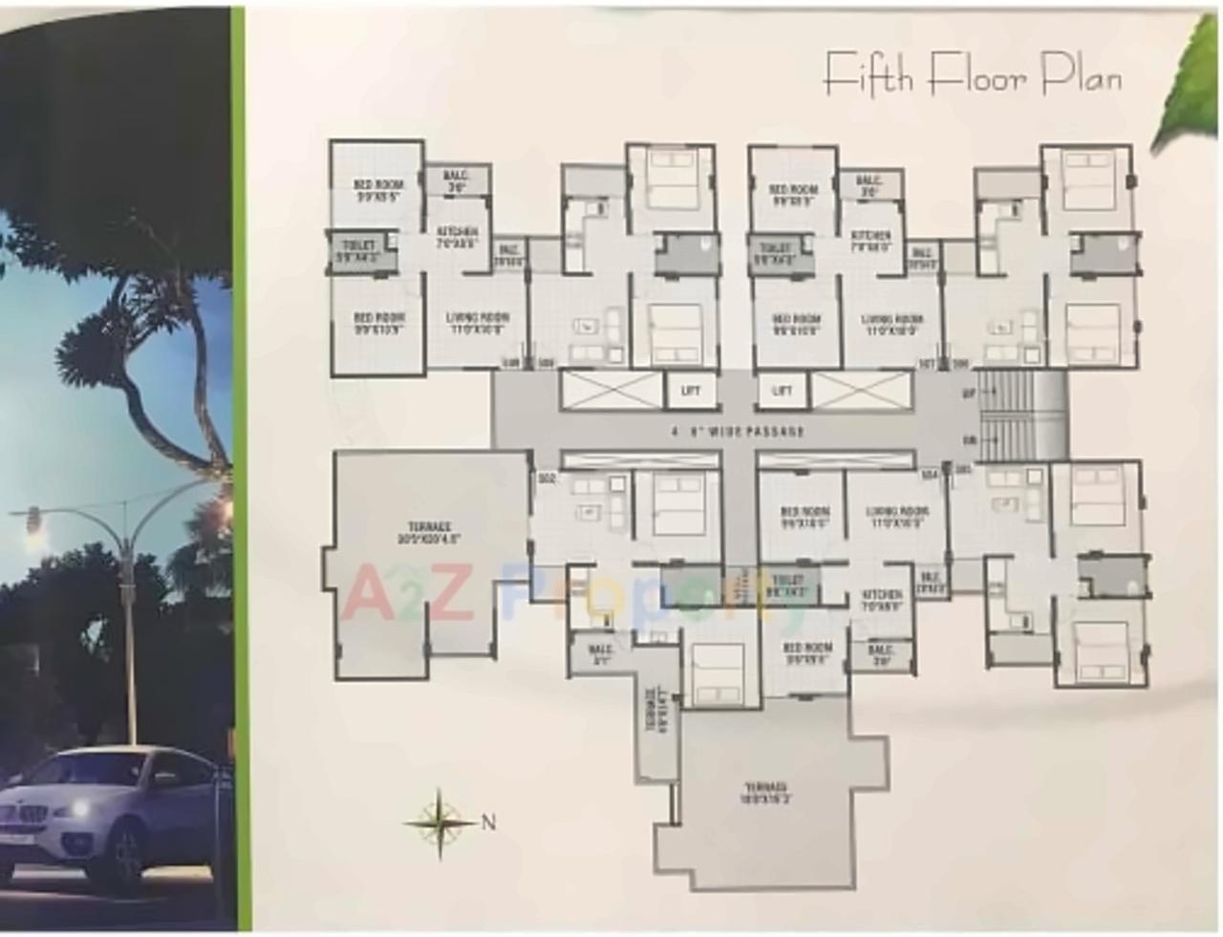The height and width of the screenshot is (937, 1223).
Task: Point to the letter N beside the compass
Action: [x=488, y=821]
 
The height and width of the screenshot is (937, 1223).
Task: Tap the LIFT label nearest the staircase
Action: [x=782, y=391]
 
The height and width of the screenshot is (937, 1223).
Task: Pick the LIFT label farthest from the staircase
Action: [x=690, y=391]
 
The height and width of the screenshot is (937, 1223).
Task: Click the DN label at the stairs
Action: [x=969, y=440]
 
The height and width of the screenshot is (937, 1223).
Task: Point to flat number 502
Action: [x=547, y=477]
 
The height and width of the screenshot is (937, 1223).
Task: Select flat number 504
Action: [x=928, y=473]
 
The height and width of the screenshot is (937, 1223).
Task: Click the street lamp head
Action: [x=32, y=520]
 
